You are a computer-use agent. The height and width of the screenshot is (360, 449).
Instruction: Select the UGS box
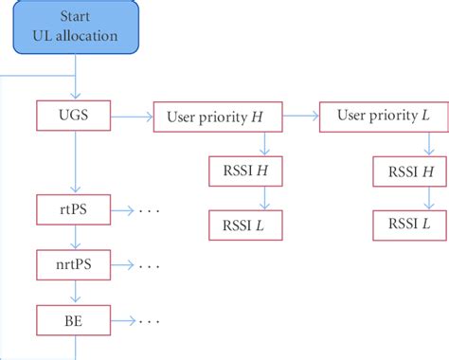tap(75, 116)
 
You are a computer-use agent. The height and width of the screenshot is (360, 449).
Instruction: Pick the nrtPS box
tap(75, 264)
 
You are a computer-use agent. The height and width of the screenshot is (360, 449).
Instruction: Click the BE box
tap(75, 320)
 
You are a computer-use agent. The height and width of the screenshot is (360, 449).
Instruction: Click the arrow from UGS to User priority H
tap(131, 117)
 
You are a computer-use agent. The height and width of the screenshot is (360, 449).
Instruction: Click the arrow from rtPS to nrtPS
tap(75, 236)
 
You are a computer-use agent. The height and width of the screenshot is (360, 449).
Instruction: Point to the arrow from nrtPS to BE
tap(75, 292)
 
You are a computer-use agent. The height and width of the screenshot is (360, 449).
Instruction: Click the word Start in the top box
tap(75, 17)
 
